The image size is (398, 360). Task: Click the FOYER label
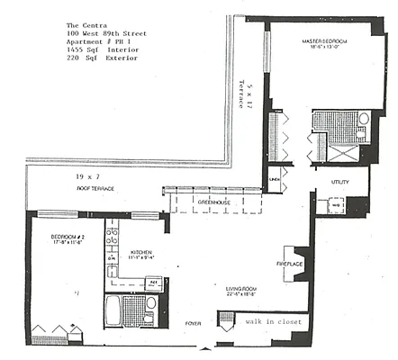click(193, 321)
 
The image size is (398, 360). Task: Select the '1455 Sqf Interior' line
click(106, 49)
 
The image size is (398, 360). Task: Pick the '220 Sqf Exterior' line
click(103, 58)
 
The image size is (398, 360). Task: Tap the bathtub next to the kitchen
click(113, 312)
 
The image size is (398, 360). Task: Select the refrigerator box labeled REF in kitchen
click(154, 282)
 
